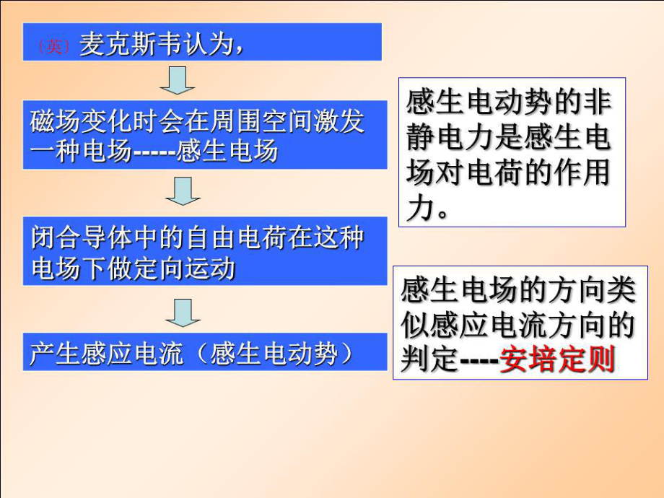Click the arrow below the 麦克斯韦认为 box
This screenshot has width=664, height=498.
178,80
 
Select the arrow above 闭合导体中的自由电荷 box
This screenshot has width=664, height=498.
183,191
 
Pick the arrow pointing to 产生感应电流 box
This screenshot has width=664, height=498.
183,313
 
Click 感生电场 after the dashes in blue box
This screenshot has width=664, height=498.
227,151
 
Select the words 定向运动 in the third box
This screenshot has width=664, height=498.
184,268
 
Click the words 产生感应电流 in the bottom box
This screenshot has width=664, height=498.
106,354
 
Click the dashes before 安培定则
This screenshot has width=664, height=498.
479,361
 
